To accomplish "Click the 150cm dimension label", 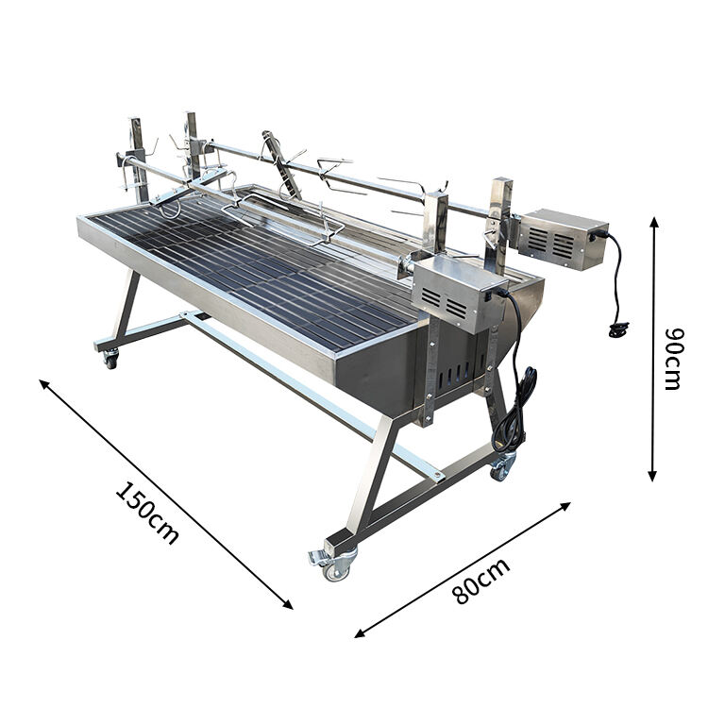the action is point(147,513).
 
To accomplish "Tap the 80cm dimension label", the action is point(481,582).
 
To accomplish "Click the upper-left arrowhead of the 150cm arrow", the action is point(44,384).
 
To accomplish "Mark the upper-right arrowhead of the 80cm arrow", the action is point(565,506).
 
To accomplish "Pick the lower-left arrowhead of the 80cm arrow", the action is point(360,633).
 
